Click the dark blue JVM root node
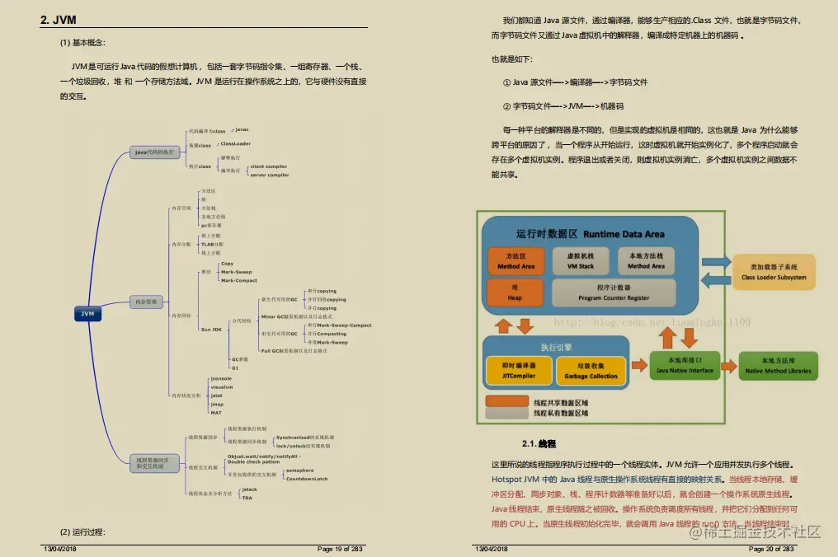click(88, 314)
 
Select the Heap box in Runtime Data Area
click(515, 293)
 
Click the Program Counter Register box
click(614, 293)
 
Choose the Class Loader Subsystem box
click(774, 272)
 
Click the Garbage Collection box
click(591, 371)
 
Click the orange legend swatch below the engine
click(506, 401)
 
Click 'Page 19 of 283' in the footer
click(339, 548)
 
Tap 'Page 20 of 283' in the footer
click(771, 548)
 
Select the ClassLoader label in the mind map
click(235, 143)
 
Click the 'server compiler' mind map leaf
click(270, 175)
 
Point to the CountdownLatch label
click(307, 479)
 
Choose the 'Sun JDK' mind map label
click(212, 329)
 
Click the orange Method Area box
click(516, 261)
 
